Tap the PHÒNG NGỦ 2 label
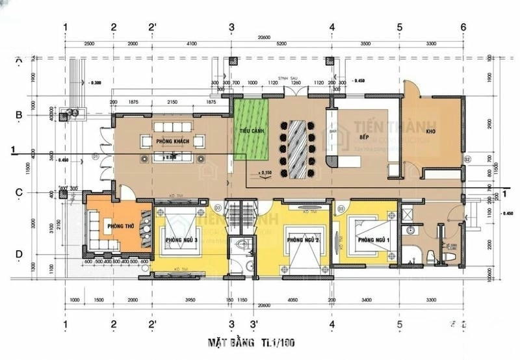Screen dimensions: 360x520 (302, 240)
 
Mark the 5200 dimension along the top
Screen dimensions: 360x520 (281, 44)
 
